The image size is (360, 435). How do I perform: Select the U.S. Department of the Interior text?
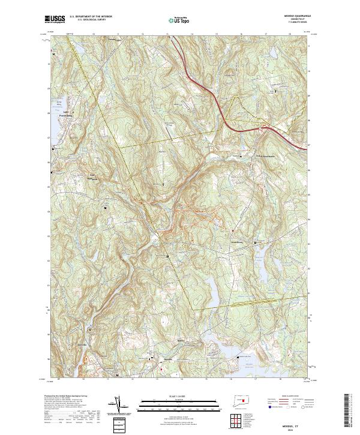(91, 17)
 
